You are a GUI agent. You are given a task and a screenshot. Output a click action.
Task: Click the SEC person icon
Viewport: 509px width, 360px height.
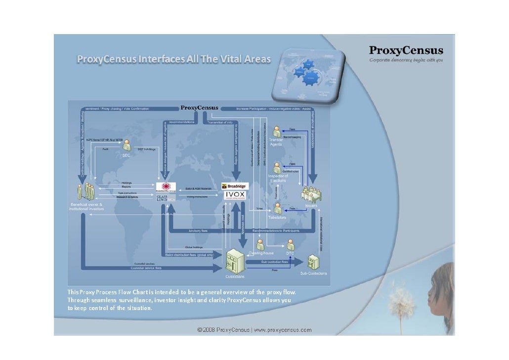tap(127, 145)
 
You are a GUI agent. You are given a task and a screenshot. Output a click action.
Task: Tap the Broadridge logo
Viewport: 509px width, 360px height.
tap(235, 186)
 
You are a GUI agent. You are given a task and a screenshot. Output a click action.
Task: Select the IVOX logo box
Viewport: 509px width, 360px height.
tap(236, 195)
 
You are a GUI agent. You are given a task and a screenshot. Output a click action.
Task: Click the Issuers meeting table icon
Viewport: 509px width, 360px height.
tap(311, 194)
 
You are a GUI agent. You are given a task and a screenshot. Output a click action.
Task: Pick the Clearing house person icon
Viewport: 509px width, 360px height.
tap(260, 244)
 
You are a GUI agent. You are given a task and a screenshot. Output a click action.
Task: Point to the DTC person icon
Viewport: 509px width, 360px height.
tap(290, 243)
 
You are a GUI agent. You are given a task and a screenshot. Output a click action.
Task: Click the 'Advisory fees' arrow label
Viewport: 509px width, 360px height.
tap(198, 230)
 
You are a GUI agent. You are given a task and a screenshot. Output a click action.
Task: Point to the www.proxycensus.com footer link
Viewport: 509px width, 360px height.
tap(282, 330)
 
